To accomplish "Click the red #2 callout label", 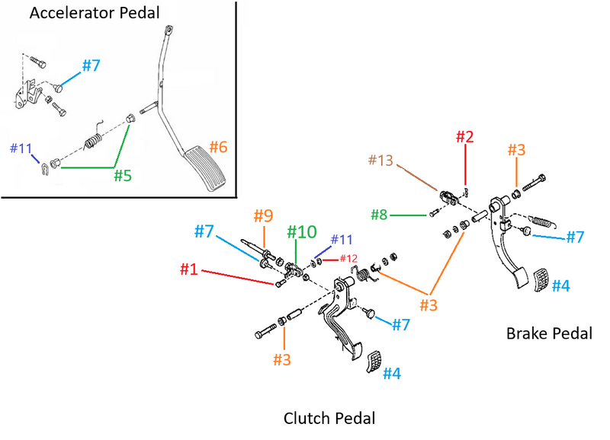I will click(x=465, y=137).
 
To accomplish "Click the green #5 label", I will click(x=124, y=176).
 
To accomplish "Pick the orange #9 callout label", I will click(x=263, y=216).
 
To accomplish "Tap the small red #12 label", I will click(x=348, y=259).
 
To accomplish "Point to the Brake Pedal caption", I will click(x=549, y=333).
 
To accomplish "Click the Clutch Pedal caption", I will click(x=329, y=418).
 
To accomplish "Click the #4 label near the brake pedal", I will click(x=560, y=285).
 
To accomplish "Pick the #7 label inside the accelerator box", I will click(x=91, y=65).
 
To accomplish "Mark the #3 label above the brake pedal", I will click(x=516, y=151).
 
